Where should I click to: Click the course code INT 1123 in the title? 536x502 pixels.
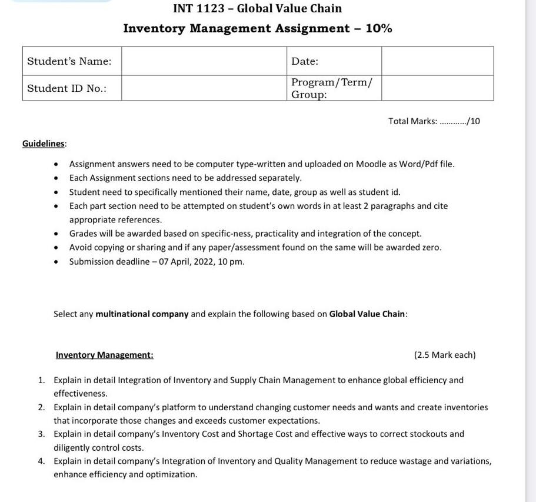[x=199, y=8]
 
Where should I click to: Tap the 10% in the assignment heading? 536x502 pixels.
[x=379, y=28]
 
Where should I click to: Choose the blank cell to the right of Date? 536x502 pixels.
[x=437, y=61]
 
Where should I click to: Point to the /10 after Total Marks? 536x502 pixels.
[x=474, y=121]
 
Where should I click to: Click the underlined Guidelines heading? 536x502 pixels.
[x=44, y=144]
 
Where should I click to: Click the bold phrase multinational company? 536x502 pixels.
[x=142, y=314]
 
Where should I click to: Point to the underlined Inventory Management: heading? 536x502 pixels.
[x=104, y=355]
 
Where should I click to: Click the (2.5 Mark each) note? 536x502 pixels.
[x=445, y=355]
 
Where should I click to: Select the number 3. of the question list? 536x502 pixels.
[x=42, y=434]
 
